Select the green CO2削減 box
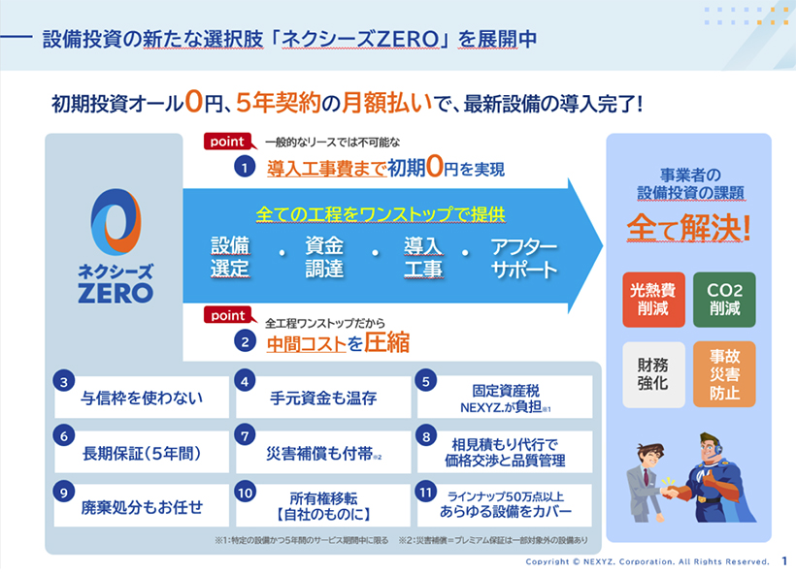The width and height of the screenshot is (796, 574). pyautogui.click(x=724, y=300)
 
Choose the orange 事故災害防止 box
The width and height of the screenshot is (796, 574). pyautogui.click(x=724, y=374)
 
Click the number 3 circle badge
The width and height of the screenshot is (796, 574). pyautogui.click(x=64, y=382)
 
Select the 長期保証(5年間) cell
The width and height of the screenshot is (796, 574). pyautogui.click(x=141, y=452)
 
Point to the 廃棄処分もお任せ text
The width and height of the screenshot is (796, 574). pyautogui.click(x=141, y=506)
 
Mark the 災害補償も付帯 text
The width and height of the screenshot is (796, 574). pyautogui.click(x=323, y=452)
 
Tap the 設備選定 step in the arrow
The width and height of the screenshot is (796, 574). pyautogui.click(x=230, y=257)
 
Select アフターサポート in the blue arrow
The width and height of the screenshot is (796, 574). pyautogui.click(x=524, y=257)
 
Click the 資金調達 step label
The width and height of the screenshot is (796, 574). pyautogui.click(x=324, y=257)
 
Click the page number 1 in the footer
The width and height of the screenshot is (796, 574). pyautogui.click(x=783, y=561)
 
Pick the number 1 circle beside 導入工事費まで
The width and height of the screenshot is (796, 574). pyautogui.click(x=246, y=168)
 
